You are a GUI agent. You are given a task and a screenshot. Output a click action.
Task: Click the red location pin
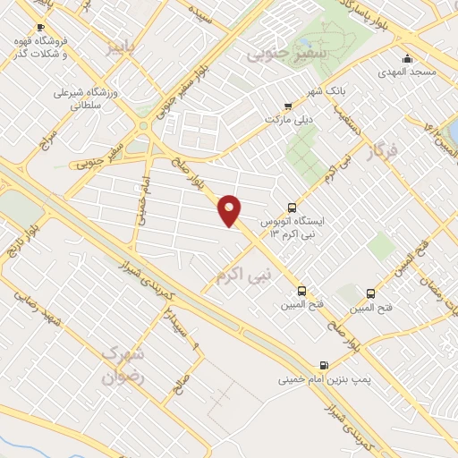(x=230, y=210)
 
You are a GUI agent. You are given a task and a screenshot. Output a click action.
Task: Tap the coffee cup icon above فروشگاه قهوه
(x=39, y=28)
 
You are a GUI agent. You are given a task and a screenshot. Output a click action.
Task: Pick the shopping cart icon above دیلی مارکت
(x=286, y=104)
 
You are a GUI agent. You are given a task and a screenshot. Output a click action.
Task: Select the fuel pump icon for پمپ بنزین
(x=322, y=364)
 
